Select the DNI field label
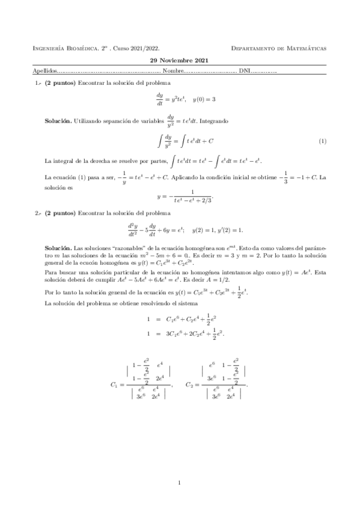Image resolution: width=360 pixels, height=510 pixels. (x=245, y=71)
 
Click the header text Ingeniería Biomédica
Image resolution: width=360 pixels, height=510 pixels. (x=65, y=48)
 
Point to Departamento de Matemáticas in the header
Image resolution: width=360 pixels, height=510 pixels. (x=279, y=48)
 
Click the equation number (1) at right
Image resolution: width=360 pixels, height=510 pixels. (x=323, y=141)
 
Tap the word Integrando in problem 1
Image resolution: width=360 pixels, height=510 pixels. (x=211, y=121)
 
